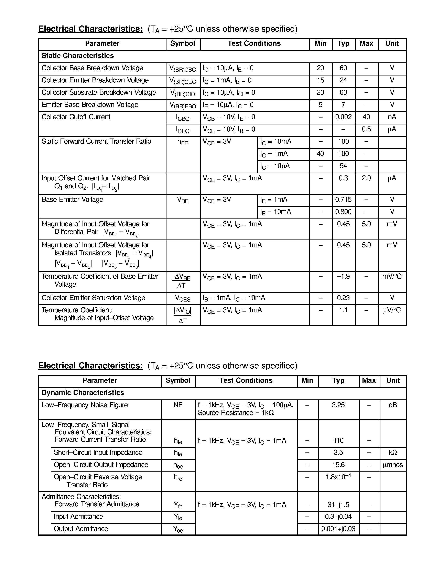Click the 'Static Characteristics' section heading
coord(77,56)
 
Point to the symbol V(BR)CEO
coord(182,81)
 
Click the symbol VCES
coord(182,298)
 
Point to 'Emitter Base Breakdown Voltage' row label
coord(90,105)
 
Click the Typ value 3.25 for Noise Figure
coord(338,405)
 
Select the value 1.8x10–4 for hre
coord(338,477)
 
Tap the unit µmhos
coord(392,465)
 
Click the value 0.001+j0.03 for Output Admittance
coord(338,529)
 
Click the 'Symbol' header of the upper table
coord(182,43)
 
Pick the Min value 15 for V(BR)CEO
coord(320,80)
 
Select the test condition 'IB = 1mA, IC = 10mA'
coord(234,298)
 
